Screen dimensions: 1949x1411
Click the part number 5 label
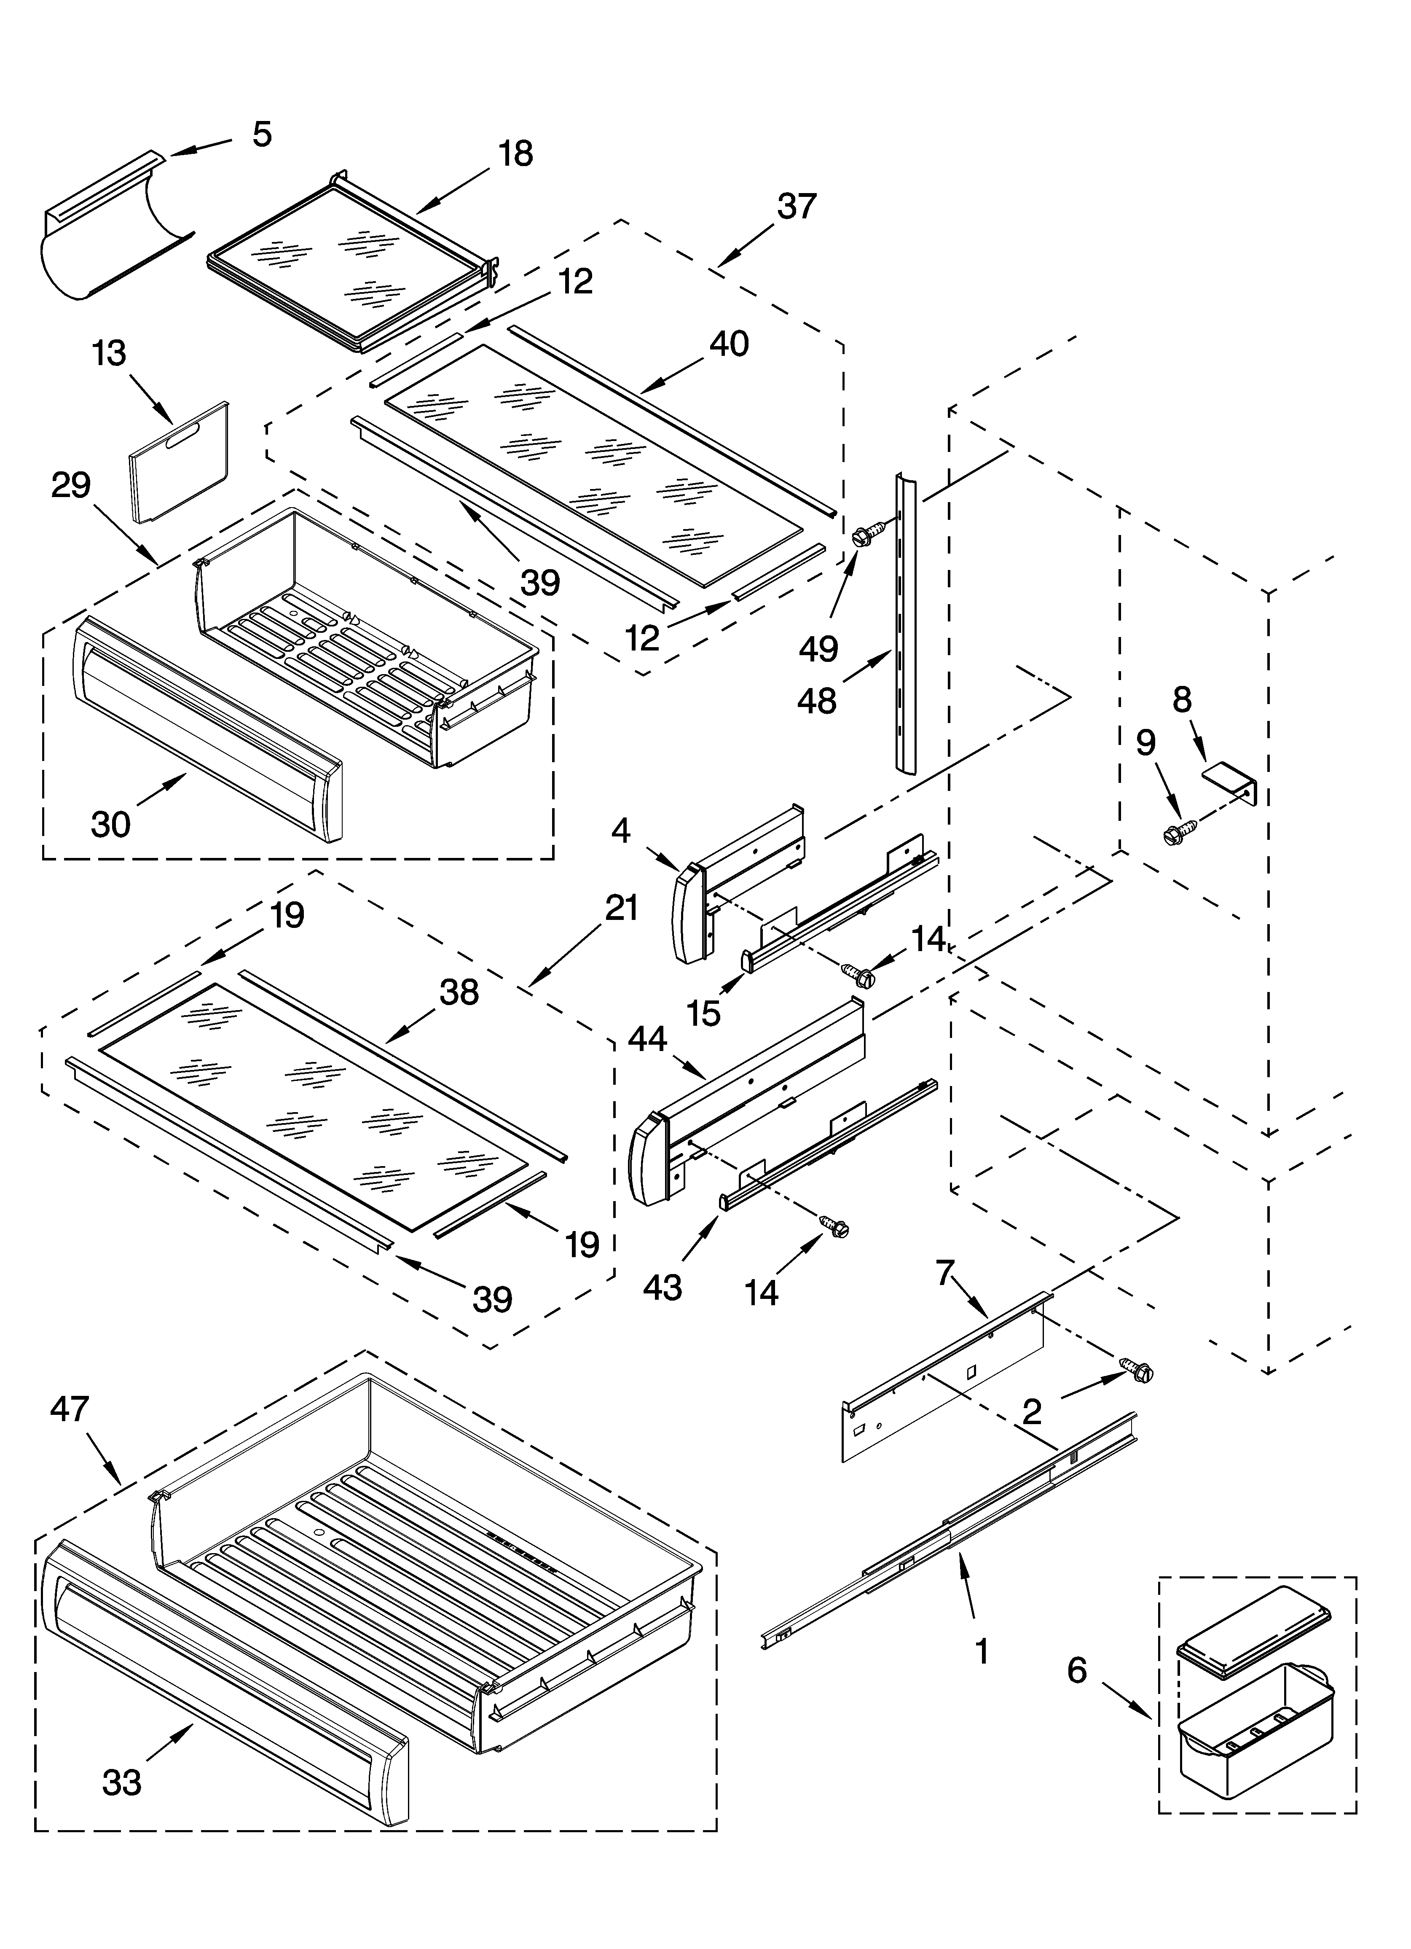coord(262,135)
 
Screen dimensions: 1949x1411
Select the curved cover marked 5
coord(112,232)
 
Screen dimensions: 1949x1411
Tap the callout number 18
coord(515,155)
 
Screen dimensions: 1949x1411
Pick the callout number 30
coord(111,825)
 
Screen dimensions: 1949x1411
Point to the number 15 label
coord(704,1014)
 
